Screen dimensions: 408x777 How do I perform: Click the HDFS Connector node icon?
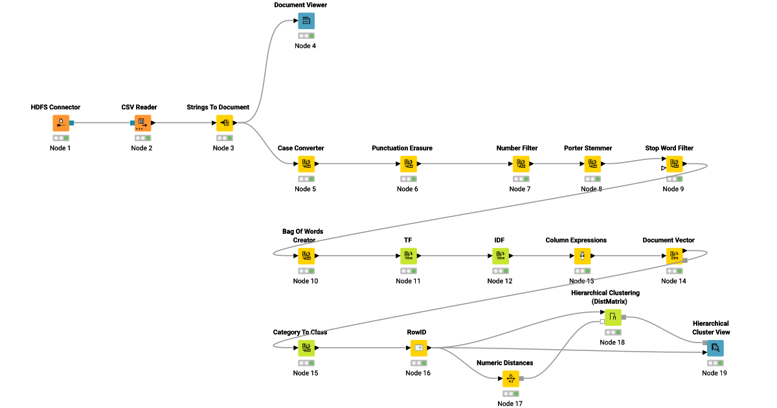click(x=61, y=123)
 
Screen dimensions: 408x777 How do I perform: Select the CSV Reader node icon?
click(x=142, y=123)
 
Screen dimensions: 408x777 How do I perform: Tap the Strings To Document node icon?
click(x=225, y=123)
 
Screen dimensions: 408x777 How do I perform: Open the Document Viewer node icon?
click(x=306, y=21)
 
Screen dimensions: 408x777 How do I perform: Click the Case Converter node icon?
click(x=306, y=164)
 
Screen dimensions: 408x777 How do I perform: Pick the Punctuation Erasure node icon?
click(x=409, y=164)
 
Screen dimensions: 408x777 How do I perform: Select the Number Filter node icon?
click(x=521, y=164)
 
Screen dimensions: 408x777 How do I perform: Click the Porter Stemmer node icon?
click(x=592, y=164)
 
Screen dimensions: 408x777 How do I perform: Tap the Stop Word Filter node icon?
click(x=674, y=164)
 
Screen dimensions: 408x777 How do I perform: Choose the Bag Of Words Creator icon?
click(x=306, y=256)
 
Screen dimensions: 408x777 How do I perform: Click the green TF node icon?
click(x=409, y=256)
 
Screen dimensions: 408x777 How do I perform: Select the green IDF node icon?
click(x=501, y=256)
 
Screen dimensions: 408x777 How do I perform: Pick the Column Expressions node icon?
click(x=582, y=256)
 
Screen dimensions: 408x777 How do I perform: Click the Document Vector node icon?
click(x=674, y=256)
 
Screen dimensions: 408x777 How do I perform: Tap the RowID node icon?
click(x=418, y=348)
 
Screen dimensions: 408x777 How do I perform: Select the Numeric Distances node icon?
click(x=510, y=378)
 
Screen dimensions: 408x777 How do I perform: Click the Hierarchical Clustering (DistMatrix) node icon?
click(x=613, y=317)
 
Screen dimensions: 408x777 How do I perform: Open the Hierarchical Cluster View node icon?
click(x=715, y=348)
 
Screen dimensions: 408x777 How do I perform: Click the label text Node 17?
click(x=510, y=403)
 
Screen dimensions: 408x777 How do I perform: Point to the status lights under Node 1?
click(x=61, y=138)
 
